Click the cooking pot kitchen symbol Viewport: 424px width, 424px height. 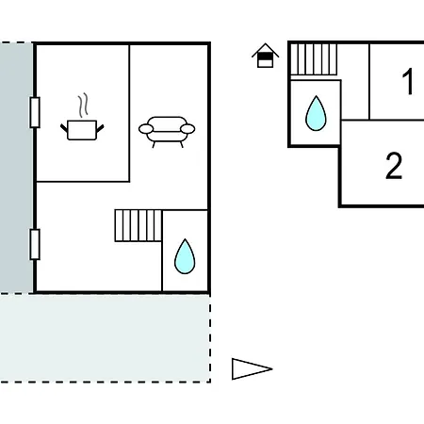82,129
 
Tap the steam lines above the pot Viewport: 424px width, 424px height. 83,106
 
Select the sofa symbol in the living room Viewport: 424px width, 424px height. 167,132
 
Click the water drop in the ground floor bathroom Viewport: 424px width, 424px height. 185,256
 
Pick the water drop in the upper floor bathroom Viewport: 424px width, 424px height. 316,113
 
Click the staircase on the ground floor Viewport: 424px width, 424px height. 139,225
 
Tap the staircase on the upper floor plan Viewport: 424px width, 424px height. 314,59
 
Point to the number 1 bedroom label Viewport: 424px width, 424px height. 408,82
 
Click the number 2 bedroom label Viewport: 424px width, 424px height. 394,165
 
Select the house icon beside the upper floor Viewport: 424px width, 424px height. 266,56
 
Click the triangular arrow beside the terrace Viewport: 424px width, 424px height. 252,368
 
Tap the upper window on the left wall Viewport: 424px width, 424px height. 35,112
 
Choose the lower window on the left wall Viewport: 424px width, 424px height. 35,244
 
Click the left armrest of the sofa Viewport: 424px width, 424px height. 146,129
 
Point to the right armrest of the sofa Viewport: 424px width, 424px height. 188,129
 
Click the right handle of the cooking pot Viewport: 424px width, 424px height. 100,128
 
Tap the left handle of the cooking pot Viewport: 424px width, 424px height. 64,128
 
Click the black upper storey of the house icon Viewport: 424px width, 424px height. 266,56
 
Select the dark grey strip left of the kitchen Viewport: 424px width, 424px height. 16,168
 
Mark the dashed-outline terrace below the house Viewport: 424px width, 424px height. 105,338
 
